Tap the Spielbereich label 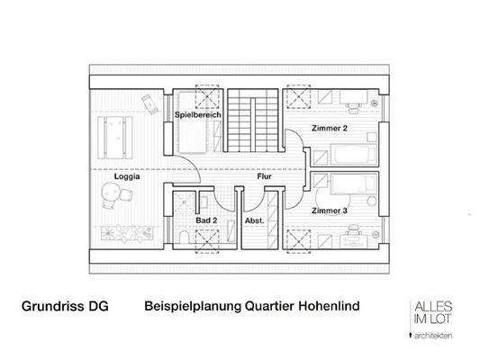click(x=191, y=116)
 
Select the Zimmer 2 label click(x=331, y=128)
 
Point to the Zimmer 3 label click(x=330, y=211)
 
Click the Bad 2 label click(x=206, y=219)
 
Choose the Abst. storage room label click(x=254, y=219)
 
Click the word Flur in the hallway click(x=264, y=177)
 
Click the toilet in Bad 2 click(x=182, y=237)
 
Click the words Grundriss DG click(x=65, y=307)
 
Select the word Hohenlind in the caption click(x=327, y=307)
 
